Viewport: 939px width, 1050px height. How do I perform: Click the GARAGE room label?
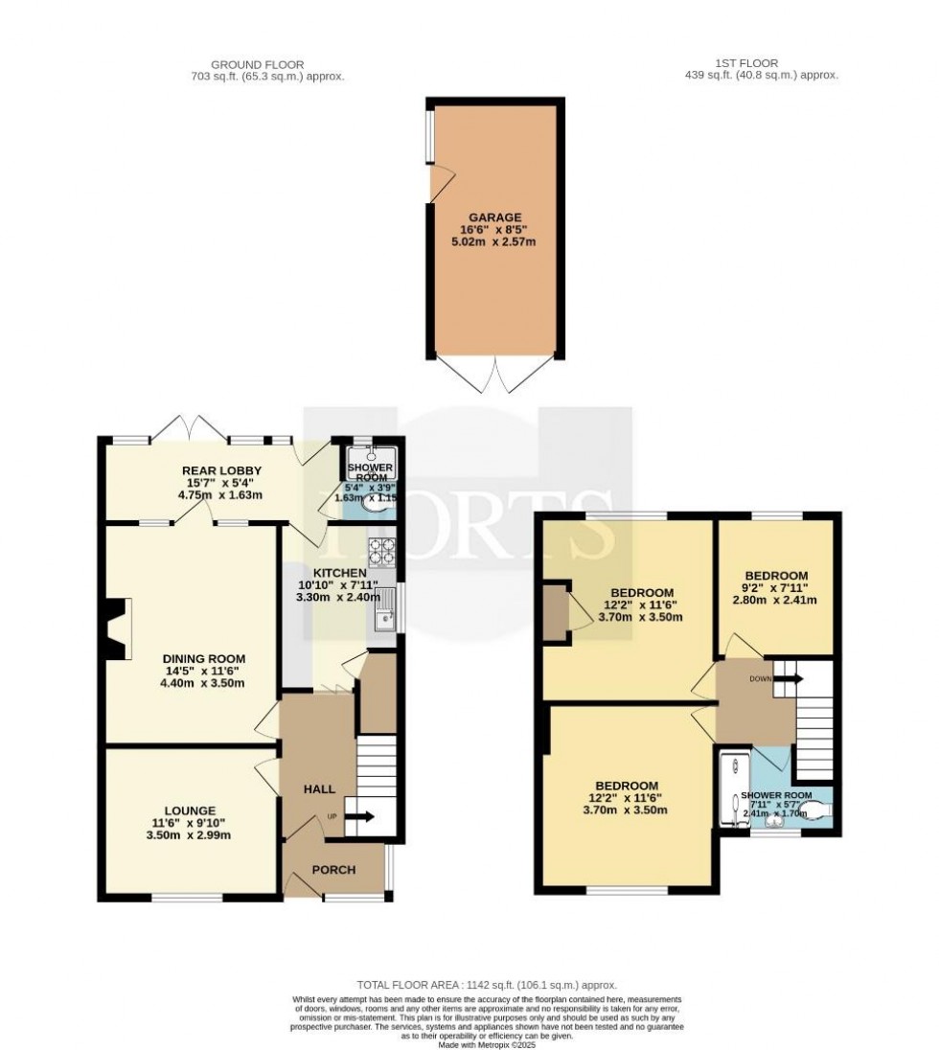click(x=495, y=217)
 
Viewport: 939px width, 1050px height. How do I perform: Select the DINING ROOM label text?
click(x=203, y=658)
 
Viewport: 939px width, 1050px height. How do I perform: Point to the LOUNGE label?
click(x=189, y=810)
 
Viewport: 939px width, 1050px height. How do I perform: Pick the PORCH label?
click(x=334, y=870)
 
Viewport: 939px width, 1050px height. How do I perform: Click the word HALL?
click(x=319, y=788)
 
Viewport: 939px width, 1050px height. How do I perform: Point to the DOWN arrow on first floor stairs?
click(x=787, y=679)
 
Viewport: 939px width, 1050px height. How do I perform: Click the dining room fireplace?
click(x=115, y=629)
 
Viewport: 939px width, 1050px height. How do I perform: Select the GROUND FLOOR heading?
click(x=267, y=64)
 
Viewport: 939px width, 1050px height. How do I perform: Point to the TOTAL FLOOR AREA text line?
click(x=487, y=984)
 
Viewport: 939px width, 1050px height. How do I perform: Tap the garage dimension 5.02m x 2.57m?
click(x=494, y=242)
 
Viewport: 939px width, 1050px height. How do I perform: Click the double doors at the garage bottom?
click(x=495, y=375)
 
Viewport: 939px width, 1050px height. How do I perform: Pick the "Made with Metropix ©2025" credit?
click(x=487, y=1044)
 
